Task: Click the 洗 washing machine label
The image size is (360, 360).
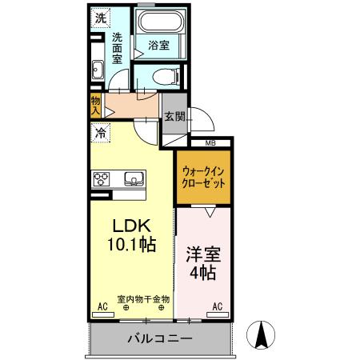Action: coord(100,17)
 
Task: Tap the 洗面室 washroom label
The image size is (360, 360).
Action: coord(117,48)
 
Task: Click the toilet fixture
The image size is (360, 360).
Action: coord(162,78)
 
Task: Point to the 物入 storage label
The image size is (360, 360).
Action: coord(96,106)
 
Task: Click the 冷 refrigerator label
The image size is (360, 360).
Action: coord(101,135)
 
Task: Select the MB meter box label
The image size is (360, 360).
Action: coord(210,143)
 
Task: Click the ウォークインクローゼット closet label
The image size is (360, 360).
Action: coord(204,176)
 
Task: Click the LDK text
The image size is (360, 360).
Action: coord(126,226)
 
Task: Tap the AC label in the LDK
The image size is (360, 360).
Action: coord(102,306)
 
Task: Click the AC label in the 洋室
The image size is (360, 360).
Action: coord(218,306)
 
